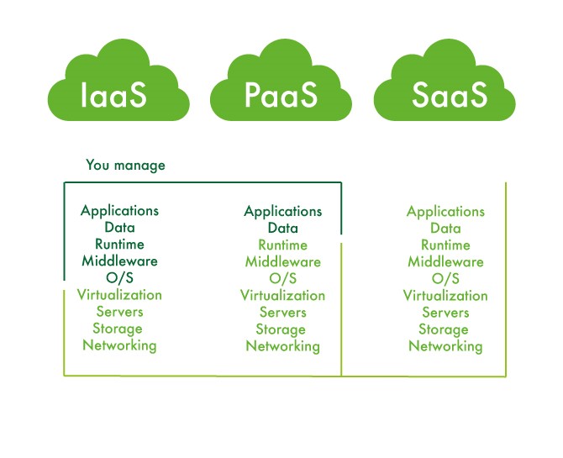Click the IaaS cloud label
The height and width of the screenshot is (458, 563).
coord(113,94)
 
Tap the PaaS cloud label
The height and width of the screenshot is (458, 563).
coord(281,94)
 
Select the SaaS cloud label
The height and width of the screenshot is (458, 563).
coord(450,94)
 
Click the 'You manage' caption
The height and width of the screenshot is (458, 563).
coord(125,165)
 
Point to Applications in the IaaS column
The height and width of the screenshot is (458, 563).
coord(119,210)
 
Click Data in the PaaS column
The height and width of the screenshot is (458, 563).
coord(282,228)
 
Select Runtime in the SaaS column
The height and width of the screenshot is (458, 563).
coord(445,245)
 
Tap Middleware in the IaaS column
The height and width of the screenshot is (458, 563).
coord(119,261)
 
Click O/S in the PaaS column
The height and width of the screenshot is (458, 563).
coord(282,278)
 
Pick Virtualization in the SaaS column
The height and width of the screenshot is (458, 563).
coord(445,295)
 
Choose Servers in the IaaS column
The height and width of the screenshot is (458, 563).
coord(119,311)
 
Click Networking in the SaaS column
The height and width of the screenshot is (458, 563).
coord(445,346)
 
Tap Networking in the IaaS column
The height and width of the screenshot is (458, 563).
coord(119,345)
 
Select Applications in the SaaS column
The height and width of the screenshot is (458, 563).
coord(445,212)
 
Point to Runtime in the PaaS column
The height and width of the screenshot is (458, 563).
coord(282,245)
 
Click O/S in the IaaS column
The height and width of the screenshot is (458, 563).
coord(119,277)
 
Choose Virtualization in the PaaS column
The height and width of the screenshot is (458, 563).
coord(282,295)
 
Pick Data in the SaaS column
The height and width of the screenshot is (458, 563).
coord(445,229)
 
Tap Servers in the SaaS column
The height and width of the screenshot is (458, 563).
coord(445,313)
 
